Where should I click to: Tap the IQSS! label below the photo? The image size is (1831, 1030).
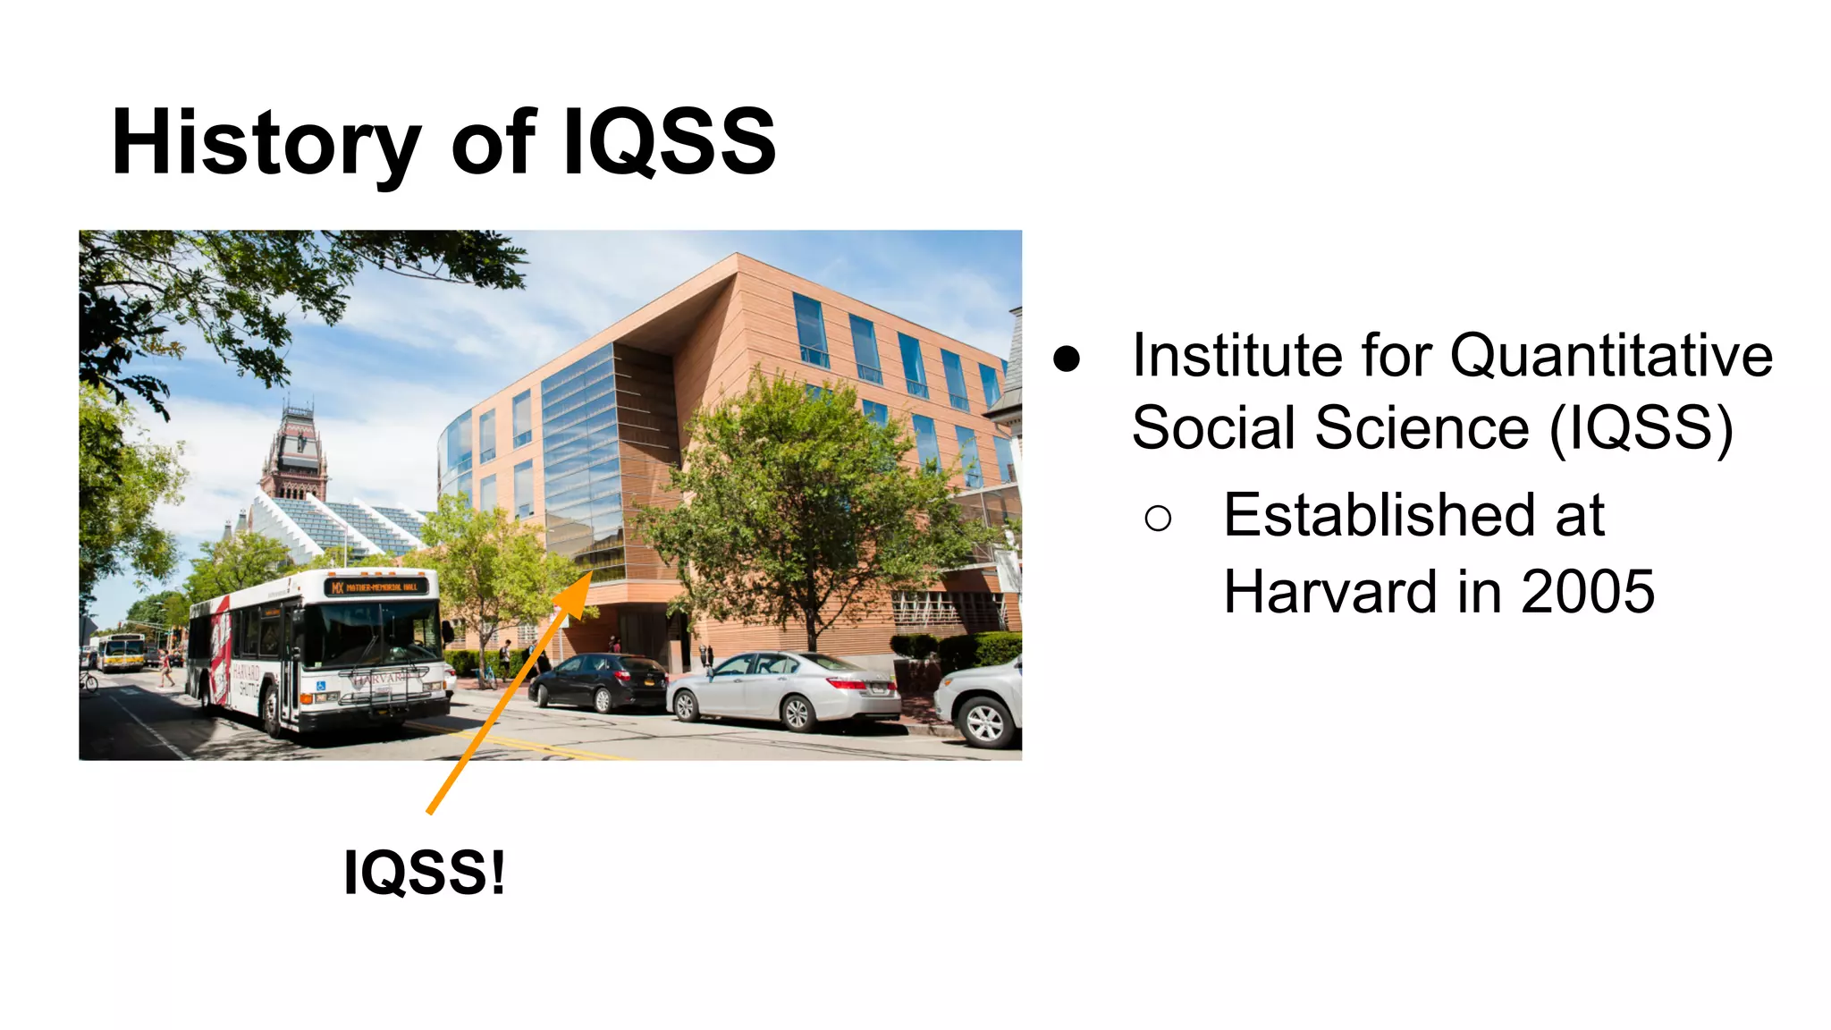pyautogui.click(x=424, y=872)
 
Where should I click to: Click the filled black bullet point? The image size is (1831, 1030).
pyautogui.click(x=1067, y=359)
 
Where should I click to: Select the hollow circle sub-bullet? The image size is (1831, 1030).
pyautogui.click(x=1158, y=518)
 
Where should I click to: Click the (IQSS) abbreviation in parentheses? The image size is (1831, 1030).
pyautogui.click(x=1641, y=427)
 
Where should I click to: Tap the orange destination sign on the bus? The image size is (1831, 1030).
pyautogui.click(x=376, y=587)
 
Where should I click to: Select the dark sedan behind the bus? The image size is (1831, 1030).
pyautogui.click(x=599, y=681)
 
